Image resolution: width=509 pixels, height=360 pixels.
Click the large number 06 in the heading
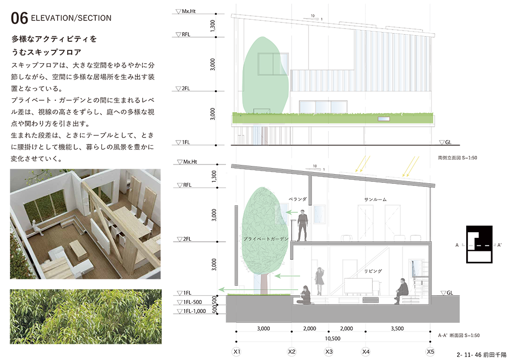pos(19,18)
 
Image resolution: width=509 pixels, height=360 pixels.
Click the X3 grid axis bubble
pos(329,352)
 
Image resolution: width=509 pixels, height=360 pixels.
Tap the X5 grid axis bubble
pos(431,352)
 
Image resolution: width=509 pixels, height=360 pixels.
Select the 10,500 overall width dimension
pos(333,339)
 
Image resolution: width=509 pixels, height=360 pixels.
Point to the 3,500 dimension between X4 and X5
pos(398,328)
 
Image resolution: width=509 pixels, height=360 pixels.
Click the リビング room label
pos(373,271)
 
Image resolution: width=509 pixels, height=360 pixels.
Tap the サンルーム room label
pos(375,200)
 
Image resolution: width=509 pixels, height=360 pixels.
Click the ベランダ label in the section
pos(297,199)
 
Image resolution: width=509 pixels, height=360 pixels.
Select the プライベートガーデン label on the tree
pos(266,239)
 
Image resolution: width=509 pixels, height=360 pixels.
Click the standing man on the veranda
pos(302,226)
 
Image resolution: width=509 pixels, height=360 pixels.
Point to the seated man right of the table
pos(401,291)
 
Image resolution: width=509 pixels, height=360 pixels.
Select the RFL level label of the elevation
pos(183,35)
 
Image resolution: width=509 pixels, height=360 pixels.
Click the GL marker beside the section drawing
pos(447,293)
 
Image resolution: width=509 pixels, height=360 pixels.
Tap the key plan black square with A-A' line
pos(479,244)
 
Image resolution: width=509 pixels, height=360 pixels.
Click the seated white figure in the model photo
pos(37,228)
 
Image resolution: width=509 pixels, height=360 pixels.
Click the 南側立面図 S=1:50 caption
pos(458,158)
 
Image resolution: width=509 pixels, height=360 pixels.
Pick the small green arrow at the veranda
pos(292,212)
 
